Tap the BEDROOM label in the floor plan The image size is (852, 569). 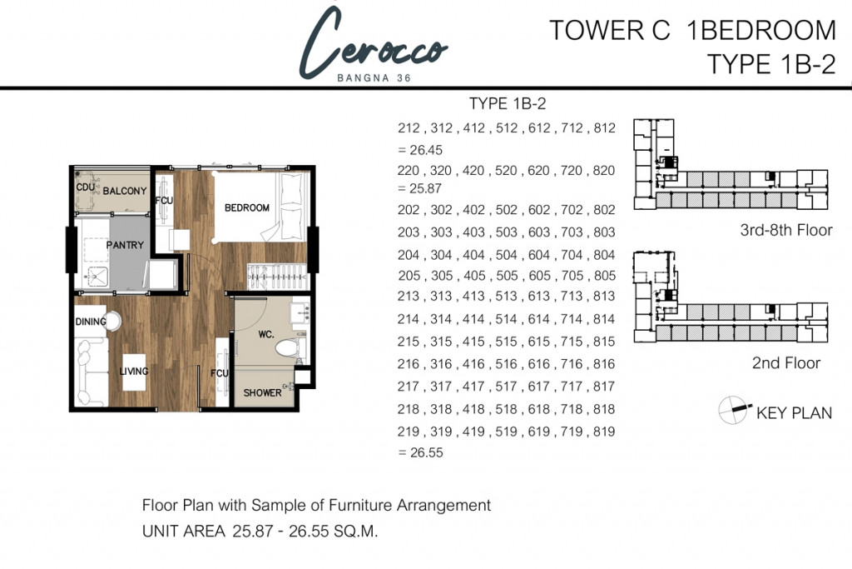coord(247,207)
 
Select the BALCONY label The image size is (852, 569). coord(125,191)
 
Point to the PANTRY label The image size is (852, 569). coord(125,245)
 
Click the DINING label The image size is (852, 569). coord(91,322)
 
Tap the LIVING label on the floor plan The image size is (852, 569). coord(134,371)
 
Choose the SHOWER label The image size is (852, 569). coord(262,392)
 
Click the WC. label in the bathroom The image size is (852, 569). coord(266,334)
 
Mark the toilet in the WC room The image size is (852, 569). coord(289,347)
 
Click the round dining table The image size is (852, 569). coord(112,321)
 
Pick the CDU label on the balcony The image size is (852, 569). coord(85,187)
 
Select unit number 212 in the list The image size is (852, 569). coord(409,127)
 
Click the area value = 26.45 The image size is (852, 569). coord(420,150)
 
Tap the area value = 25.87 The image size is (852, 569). coord(420,188)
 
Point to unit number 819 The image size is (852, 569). coord(604,432)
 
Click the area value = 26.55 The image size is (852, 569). coord(420,452)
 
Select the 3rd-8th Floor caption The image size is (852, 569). coord(786,230)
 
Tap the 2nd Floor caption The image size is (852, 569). coord(786,363)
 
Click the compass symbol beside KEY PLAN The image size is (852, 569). coord(733,409)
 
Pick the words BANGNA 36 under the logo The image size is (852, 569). coord(374,77)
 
